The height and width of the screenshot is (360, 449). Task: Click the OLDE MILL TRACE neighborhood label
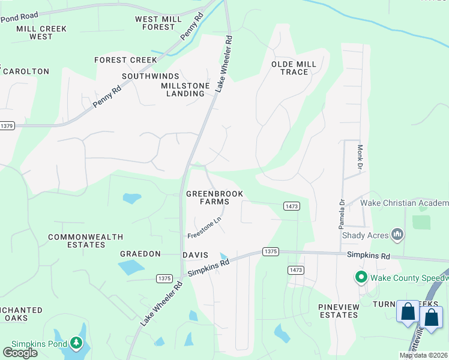pyautogui.click(x=290, y=68)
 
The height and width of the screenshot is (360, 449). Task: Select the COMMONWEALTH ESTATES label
pyautogui.click(x=77, y=241)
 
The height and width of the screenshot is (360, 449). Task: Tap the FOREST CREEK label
pyautogui.click(x=125, y=60)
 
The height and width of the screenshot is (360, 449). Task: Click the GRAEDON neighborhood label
pyautogui.click(x=140, y=254)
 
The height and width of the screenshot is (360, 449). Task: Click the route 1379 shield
pyautogui.click(x=7, y=125)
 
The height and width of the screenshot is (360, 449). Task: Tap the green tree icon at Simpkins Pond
pyautogui.click(x=76, y=343)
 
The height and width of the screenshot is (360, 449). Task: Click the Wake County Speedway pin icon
pyautogui.click(x=361, y=277)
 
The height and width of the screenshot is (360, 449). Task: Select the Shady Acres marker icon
pyautogui.click(x=396, y=234)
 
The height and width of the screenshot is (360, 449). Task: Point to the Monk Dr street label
pyautogui.click(x=361, y=156)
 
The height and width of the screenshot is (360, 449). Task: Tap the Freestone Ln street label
pyautogui.click(x=205, y=227)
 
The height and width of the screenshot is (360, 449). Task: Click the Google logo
pyautogui.click(x=20, y=352)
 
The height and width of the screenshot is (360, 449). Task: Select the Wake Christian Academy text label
pyautogui.click(x=404, y=203)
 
